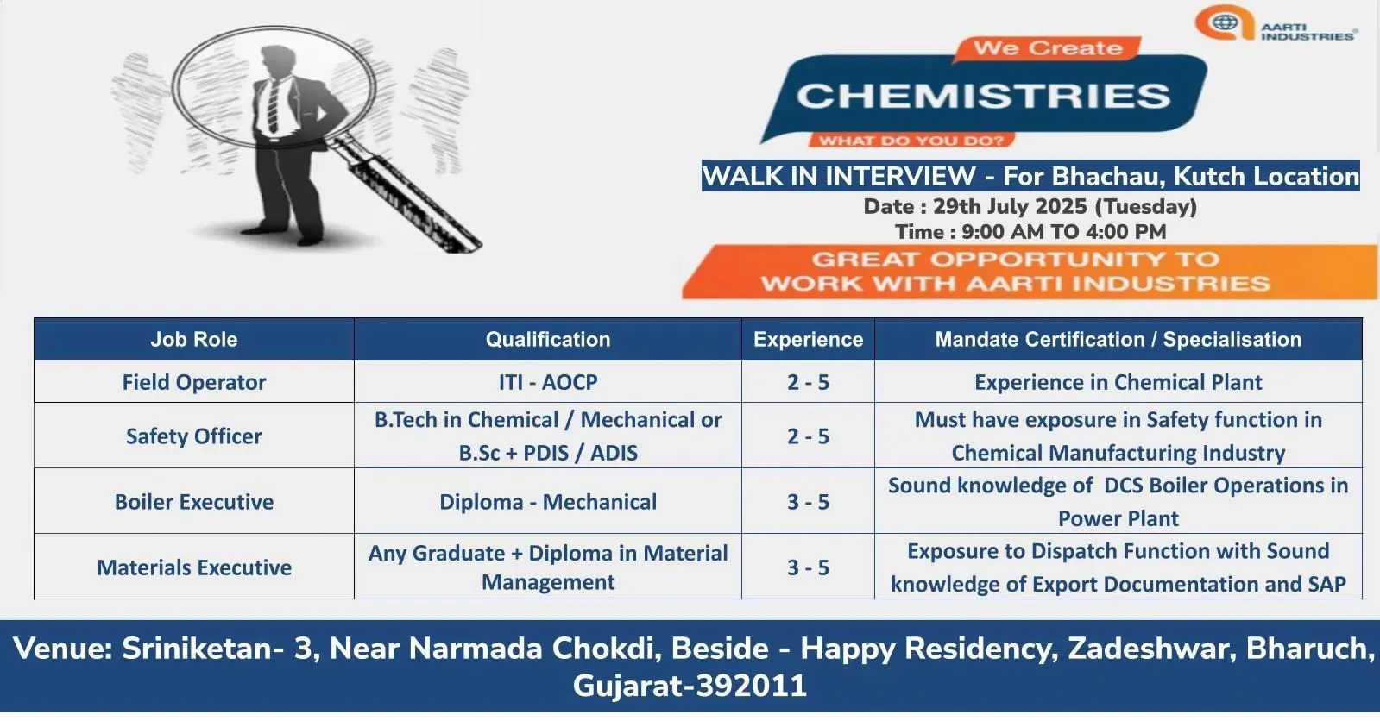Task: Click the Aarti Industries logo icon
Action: pos(1225,22)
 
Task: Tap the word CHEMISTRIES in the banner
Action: pos(983,96)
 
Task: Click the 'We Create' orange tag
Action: pos(1048,48)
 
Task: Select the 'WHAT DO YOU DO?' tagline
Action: pos(911,141)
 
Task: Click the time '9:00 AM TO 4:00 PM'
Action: pos(1064,232)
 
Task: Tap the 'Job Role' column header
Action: pos(194,339)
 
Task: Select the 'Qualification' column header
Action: pos(548,339)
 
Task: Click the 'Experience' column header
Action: pos(809,339)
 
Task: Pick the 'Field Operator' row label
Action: pos(194,382)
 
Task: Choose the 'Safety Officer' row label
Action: pos(194,436)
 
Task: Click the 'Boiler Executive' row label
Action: pos(194,502)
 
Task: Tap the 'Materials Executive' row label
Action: pos(194,567)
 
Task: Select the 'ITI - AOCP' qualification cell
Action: pos(548,382)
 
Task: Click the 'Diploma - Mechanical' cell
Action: pos(548,502)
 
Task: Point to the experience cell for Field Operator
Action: pos(809,382)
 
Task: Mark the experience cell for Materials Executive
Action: pos(809,567)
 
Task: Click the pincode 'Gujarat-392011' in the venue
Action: pos(690,686)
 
